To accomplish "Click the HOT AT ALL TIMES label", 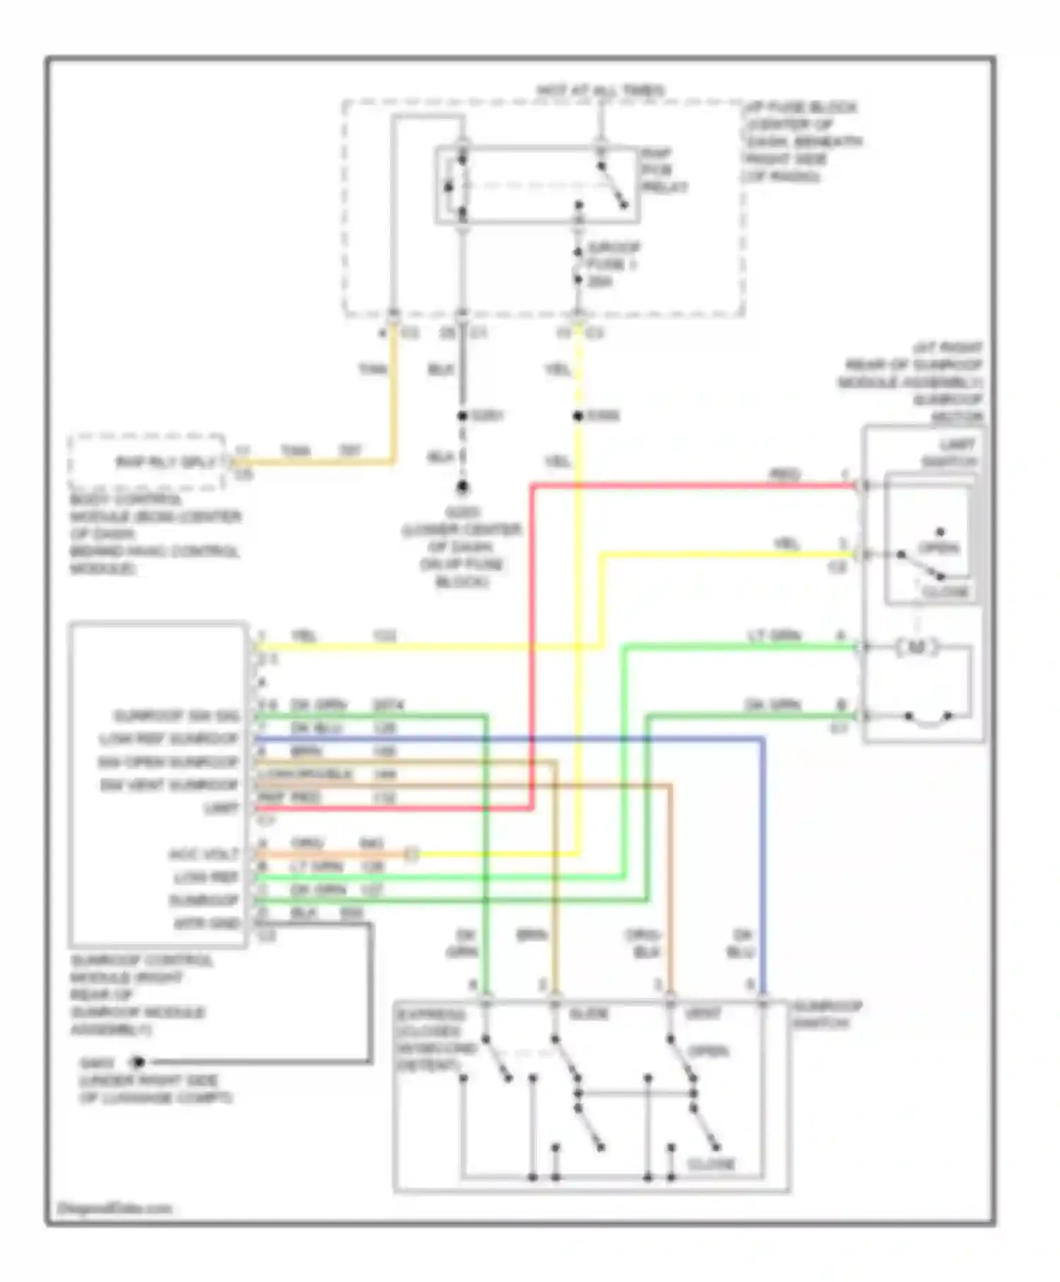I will click(x=601, y=90).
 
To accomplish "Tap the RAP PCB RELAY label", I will click(x=664, y=170).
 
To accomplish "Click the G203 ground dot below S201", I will click(x=462, y=487).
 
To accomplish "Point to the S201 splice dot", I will click(x=462, y=416).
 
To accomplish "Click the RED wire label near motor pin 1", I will click(x=784, y=474).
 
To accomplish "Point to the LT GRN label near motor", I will click(x=774, y=636).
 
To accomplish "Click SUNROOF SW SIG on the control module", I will click(x=177, y=716).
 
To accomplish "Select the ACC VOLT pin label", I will click(x=204, y=854).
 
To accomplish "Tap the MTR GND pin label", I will click(x=207, y=924).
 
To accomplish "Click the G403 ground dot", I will click(x=139, y=1062).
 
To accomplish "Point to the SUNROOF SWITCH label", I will click(x=827, y=1014).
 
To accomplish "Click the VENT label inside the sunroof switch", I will click(x=703, y=1014).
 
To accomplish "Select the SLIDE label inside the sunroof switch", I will click(x=588, y=1014).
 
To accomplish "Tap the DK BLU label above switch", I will click(x=741, y=943).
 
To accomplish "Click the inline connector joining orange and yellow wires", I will click(x=411, y=854).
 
